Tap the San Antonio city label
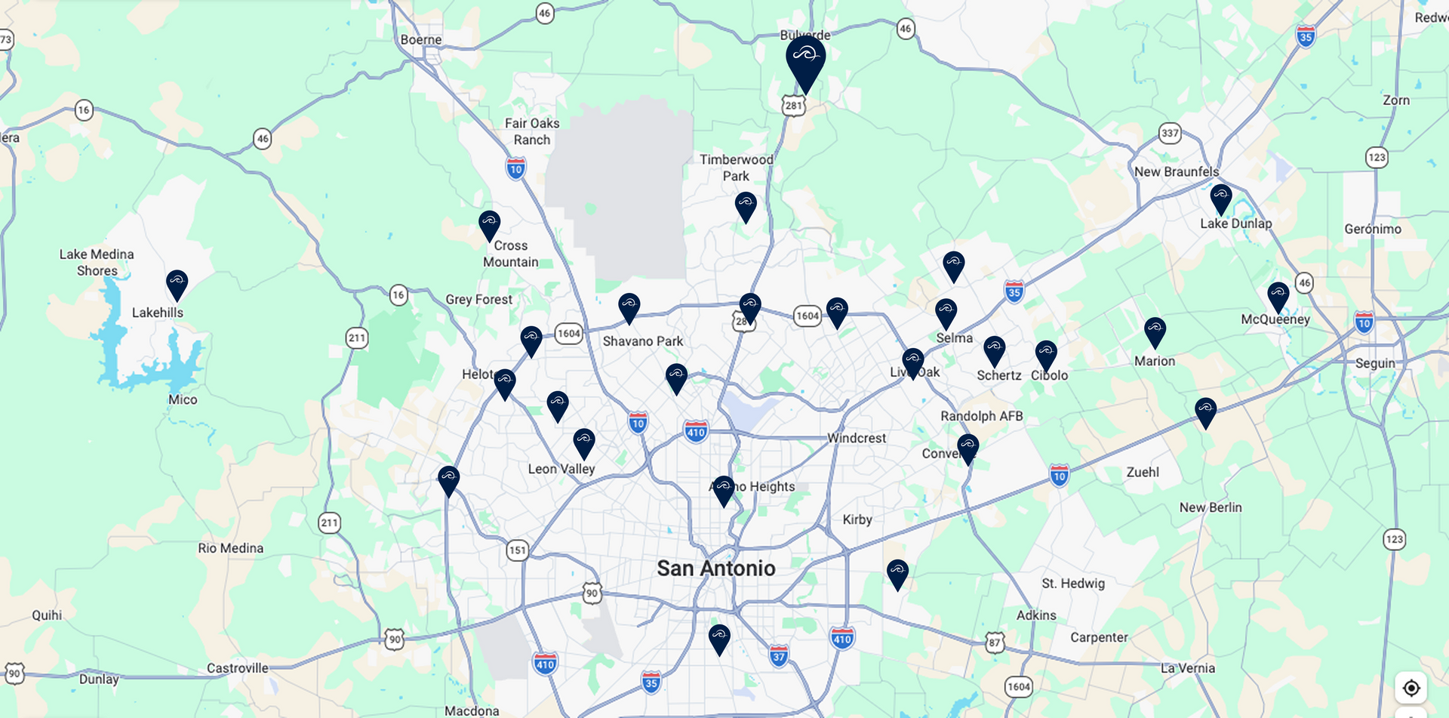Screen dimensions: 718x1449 [x=715, y=568]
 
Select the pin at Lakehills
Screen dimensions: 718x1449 [x=177, y=284]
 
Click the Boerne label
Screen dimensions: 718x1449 [x=421, y=39]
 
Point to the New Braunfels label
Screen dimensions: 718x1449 [x=1176, y=171]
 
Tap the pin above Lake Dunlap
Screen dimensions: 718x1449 [x=1220, y=198]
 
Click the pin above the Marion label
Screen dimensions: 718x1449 [x=1155, y=331]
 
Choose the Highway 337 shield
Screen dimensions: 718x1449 [x=1169, y=133]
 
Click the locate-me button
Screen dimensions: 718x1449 [x=1411, y=688]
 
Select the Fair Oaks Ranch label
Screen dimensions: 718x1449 [x=532, y=131]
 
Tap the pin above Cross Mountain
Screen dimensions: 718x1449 [x=489, y=224]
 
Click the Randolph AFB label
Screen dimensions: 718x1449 [x=981, y=416]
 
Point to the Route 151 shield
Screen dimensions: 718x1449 [x=517, y=550]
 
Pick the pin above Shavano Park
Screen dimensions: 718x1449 [x=629, y=307]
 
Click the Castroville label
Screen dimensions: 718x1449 [x=237, y=667]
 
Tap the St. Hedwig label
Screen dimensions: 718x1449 [x=1072, y=583]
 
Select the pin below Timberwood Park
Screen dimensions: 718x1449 [x=746, y=205]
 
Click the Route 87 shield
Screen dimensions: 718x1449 [x=995, y=643]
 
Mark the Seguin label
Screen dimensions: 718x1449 [x=1375, y=363]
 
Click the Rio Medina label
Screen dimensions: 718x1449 [x=230, y=548]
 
